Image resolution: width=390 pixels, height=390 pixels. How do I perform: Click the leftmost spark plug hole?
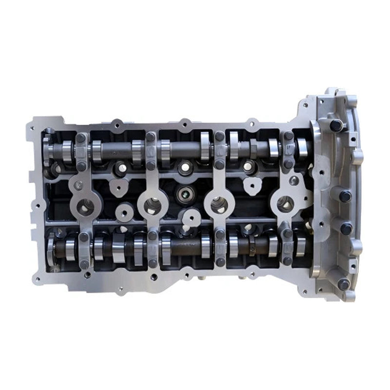click(86, 207)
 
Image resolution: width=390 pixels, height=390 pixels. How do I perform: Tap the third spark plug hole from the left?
click(219, 205)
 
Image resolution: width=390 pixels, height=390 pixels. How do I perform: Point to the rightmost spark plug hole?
click(285, 204)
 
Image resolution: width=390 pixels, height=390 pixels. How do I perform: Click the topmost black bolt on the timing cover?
click(336, 125)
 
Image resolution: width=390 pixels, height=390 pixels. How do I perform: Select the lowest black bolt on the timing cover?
click(344, 284)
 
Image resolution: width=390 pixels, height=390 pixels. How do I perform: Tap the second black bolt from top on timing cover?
click(345, 196)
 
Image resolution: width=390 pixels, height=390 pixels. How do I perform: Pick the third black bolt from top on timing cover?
click(347, 228)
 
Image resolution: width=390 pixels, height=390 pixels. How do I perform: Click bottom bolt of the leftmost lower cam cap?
click(84, 264)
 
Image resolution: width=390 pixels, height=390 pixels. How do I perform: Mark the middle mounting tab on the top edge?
click(185, 123)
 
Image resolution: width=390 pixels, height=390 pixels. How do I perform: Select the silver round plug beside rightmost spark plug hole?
click(294, 181)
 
